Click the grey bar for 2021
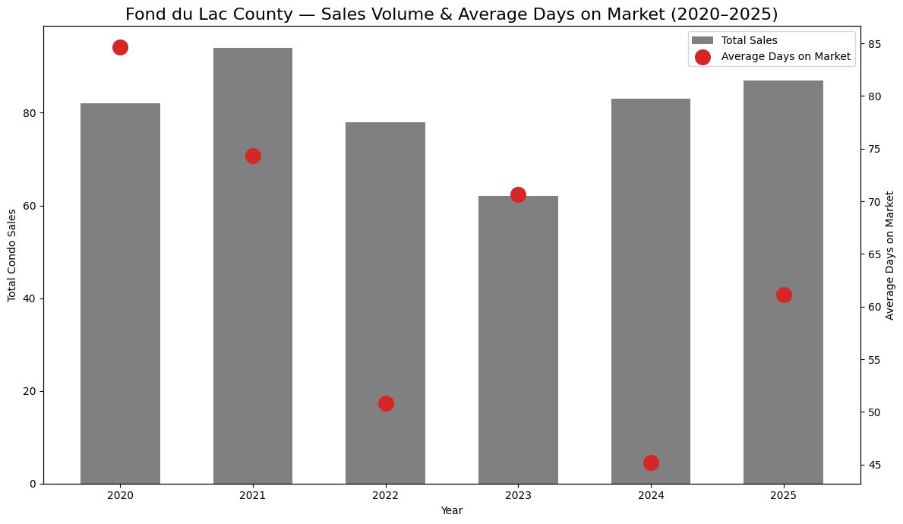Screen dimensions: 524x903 click(253, 266)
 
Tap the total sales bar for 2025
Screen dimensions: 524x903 click(783, 282)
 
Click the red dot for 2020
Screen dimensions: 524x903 click(120, 48)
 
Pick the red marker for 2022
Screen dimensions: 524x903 click(386, 403)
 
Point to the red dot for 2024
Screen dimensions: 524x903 click(651, 462)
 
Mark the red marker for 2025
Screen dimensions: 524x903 click(784, 295)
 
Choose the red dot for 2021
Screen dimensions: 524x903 click(253, 156)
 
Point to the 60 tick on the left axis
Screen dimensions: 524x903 click(30, 206)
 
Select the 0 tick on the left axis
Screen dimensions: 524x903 click(33, 484)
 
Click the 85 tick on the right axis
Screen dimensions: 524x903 click(874, 44)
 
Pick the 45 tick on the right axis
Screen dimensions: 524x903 click(874, 465)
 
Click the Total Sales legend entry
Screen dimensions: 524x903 click(749, 40)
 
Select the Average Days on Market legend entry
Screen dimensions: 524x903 click(785, 56)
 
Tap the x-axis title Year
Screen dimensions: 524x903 click(452, 510)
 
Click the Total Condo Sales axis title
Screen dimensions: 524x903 click(12, 255)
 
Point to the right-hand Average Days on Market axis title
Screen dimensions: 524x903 click(890, 255)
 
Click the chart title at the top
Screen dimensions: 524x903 click(451, 14)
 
